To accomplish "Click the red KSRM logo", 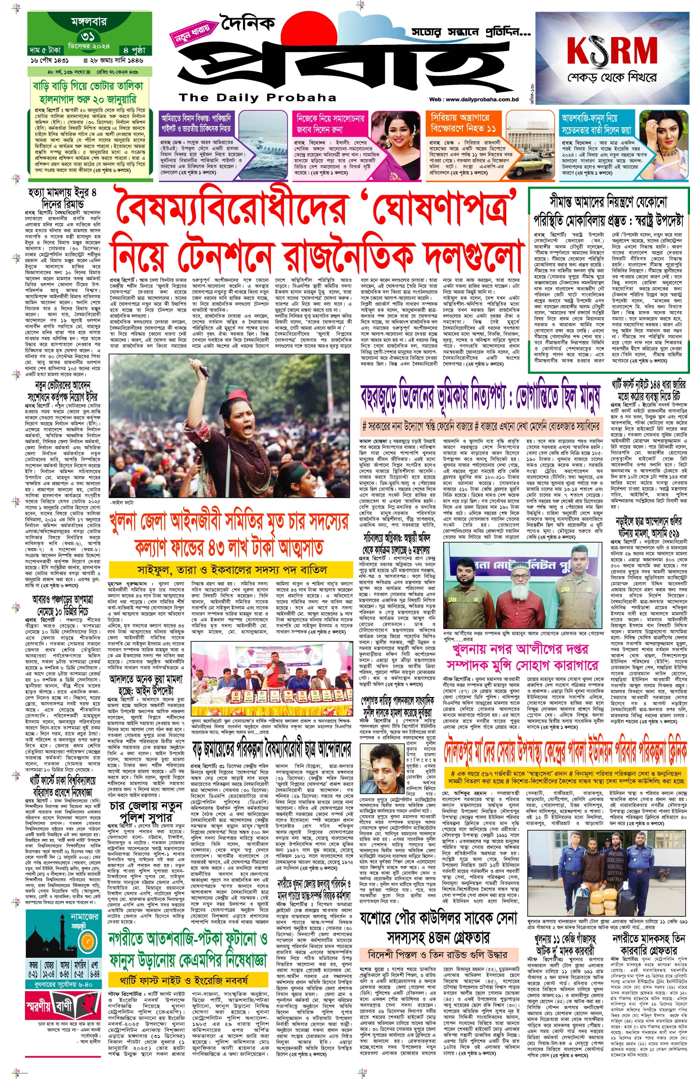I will click(612, 50).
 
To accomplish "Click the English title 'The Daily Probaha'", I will click(257, 97).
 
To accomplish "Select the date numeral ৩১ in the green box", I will click(88, 36).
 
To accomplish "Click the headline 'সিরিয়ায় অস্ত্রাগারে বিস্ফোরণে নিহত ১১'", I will click(463, 123).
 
